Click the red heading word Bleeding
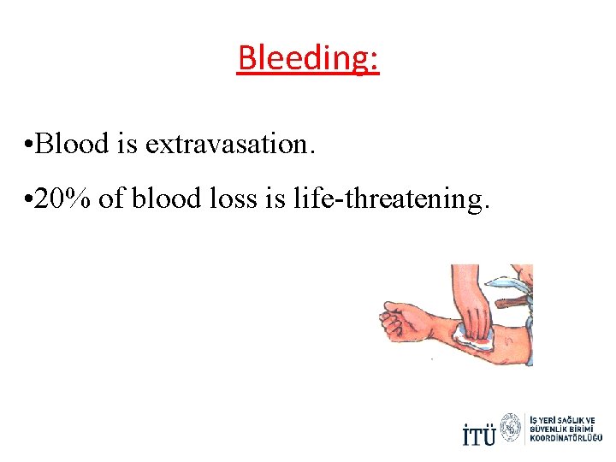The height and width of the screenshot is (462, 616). pyautogui.click(x=307, y=58)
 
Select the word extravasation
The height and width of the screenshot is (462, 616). pyautogui.click(x=230, y=145)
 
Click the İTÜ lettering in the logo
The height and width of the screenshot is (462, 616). pyautogui.click(x=478, y=435)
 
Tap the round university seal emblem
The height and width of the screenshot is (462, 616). pyautogui.click(x=511, y=428)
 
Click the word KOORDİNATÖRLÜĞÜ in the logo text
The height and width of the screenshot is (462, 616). pyautogui.click(x=566, y=438)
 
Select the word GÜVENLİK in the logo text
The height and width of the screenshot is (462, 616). pyautogui.click(x=552, y=429)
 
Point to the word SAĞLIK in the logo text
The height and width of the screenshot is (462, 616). pyautogui.click(x=574, y=420)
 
